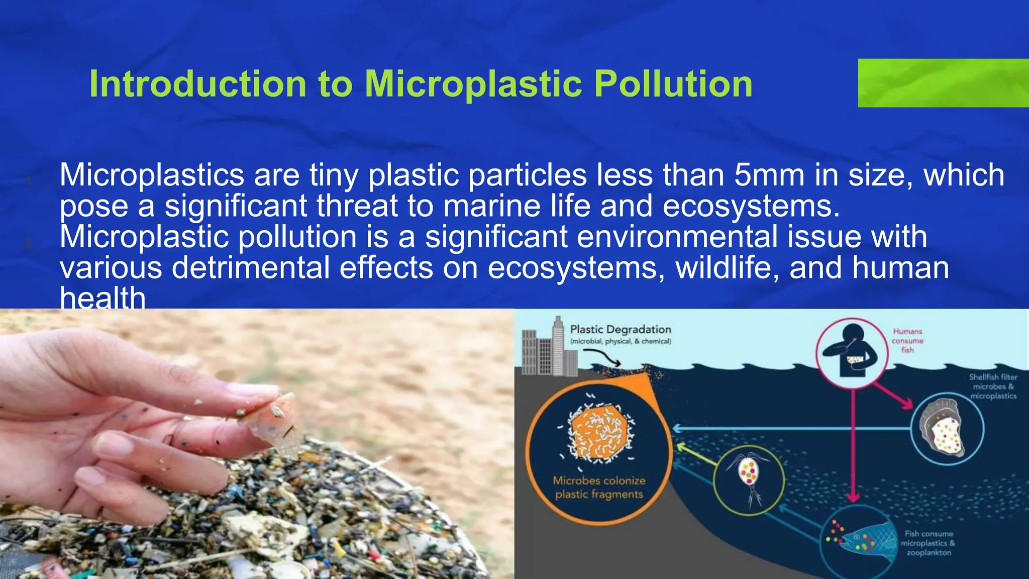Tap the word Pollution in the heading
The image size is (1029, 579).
pos(673,83)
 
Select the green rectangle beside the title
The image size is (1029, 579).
pos(943,83)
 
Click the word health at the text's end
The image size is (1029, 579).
pos(102,298)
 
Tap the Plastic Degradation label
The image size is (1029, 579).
pos(621,330)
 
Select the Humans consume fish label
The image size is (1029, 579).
pos(907,340)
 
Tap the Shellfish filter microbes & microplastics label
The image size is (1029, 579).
pos(993,386)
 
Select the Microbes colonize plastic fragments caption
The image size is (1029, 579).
pos(599,488)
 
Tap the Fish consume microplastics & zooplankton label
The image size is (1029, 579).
pos(929,543)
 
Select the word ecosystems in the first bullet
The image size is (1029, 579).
pos(751,207)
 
